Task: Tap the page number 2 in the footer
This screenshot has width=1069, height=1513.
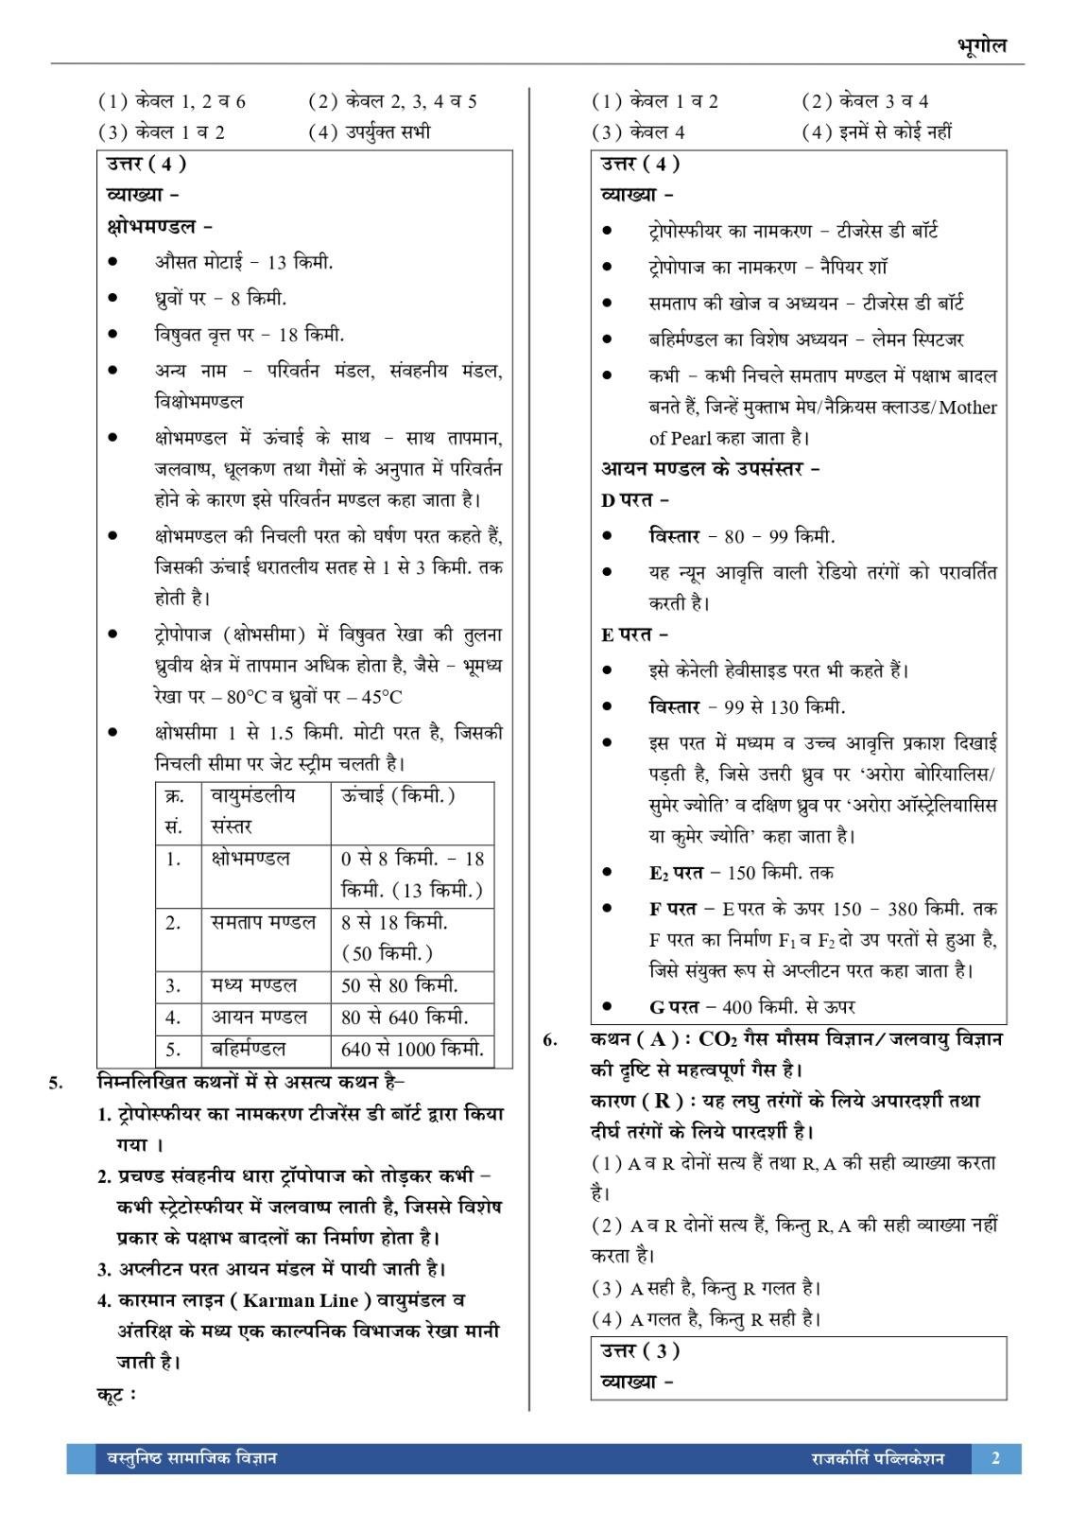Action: tap(995, 1457)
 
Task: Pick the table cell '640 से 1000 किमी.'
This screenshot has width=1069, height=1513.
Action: tap(412, 1049)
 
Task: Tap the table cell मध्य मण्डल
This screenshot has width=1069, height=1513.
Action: tap(253, 985)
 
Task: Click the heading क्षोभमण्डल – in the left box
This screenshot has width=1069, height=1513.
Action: tap(160, 227)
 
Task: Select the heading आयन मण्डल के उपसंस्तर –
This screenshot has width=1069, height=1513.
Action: tap(710, 468)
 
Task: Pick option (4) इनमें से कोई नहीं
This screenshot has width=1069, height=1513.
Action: tap(876, 131)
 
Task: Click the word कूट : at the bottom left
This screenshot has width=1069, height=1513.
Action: tap(117, 1394)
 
